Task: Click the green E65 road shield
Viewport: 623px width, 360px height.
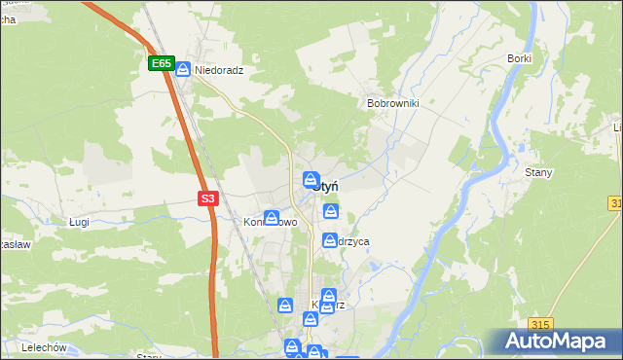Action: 162,64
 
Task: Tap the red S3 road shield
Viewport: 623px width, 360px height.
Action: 207,198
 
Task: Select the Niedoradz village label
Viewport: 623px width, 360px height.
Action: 218,71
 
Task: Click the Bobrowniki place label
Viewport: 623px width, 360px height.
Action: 392,102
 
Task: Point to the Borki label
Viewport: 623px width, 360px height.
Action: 519,58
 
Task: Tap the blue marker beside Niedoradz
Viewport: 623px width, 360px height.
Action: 183,70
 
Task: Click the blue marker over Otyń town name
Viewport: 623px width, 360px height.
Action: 311,180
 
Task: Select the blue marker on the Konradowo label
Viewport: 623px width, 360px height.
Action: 273,218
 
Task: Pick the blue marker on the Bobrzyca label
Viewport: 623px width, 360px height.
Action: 330,239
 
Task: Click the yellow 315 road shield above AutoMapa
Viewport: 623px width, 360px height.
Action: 542,324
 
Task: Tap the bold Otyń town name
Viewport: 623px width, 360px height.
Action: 325,186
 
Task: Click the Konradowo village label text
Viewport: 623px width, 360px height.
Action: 262,222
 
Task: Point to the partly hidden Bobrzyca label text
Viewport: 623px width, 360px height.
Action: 352,241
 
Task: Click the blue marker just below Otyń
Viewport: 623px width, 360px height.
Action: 331,210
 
